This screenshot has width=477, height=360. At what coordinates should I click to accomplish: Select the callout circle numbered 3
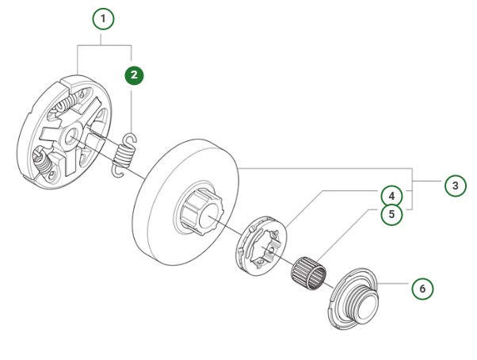pos(453,186)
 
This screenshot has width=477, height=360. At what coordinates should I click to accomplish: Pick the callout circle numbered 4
pos(391,195)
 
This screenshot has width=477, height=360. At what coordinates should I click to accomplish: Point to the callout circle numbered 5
pos(391,213)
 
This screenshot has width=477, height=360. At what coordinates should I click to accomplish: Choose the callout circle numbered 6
pos(422,289)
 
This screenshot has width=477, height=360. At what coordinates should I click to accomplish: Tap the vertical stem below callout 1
pos(104,39)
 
